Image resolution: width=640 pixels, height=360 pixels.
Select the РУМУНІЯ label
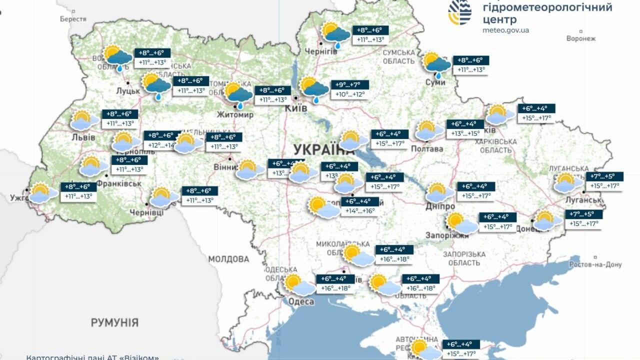(x=114, y=322)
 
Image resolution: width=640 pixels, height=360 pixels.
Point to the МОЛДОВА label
(x=228, y=259)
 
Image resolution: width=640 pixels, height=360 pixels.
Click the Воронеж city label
(x=581, y=38)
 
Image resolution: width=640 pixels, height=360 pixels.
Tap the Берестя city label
(x=73, y=18)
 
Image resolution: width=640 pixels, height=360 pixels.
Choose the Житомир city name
(x=235, y=115)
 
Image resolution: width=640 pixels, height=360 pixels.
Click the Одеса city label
(x=301, y=301)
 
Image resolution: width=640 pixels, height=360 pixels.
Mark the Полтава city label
(x=427, y=149)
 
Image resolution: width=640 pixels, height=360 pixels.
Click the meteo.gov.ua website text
(x=505, y=30)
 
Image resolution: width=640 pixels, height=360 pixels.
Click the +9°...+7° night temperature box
(x=350, y=84)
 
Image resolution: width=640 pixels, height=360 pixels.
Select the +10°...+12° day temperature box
(x=350, y=94)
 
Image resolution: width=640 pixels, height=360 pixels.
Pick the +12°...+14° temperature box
(x=161, y=145)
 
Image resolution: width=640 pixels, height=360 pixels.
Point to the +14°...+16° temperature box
(x=359, y=211)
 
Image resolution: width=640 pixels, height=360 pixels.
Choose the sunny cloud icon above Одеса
(x=298, y=285)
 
